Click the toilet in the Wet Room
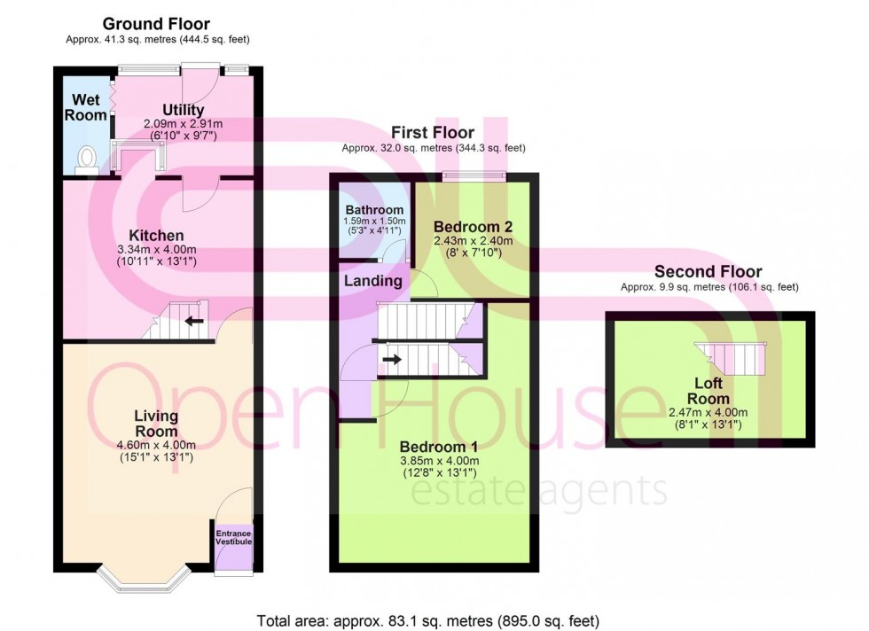(86, 158)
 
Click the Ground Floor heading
(156, 24)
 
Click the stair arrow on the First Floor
(389, 359)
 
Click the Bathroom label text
(374, 210)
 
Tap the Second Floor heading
(708, 272)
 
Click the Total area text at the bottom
(434, 619)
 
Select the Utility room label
(183, 110)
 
